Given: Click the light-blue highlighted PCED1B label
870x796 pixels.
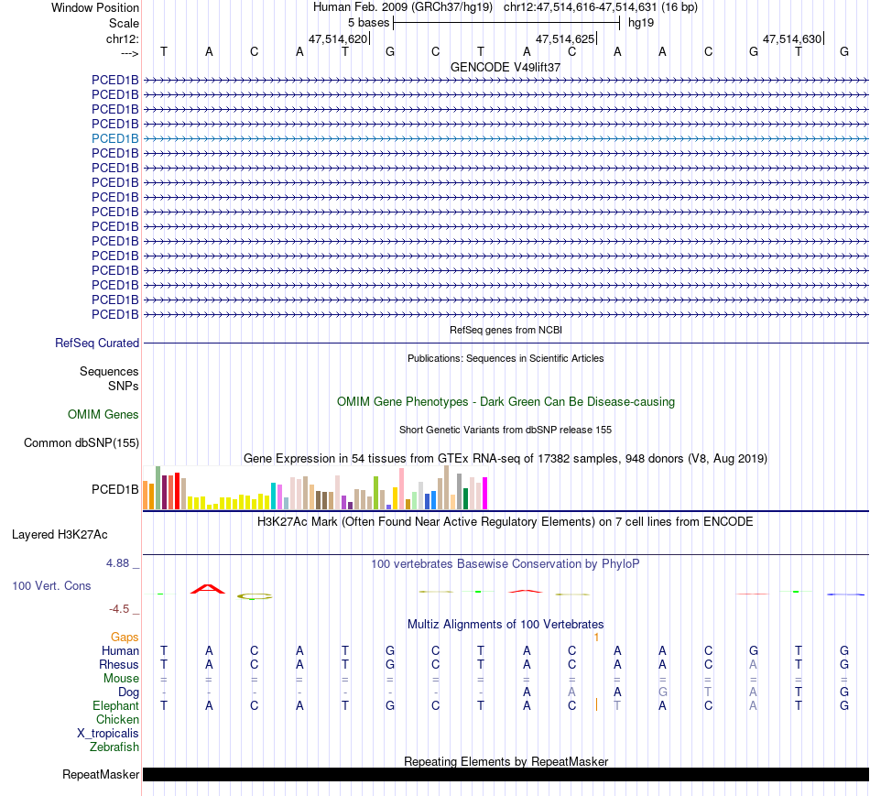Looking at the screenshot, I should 115,138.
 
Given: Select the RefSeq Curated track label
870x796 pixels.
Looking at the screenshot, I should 97,343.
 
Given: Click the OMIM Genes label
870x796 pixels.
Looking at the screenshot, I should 103,414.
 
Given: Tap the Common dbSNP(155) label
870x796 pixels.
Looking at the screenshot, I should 82,443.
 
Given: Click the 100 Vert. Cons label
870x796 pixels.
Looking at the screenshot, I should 51,585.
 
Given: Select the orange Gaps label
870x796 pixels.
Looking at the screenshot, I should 125,637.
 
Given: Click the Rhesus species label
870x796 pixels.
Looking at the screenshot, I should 119,664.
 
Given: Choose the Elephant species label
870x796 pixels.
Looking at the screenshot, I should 115,705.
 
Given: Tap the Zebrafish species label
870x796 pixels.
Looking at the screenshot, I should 114,747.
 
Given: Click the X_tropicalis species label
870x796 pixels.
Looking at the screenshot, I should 108,733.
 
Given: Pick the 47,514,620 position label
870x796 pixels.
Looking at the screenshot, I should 338,38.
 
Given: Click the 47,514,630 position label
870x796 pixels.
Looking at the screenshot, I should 791,38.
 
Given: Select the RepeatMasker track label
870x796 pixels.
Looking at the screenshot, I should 101,775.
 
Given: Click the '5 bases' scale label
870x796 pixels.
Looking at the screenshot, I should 368,22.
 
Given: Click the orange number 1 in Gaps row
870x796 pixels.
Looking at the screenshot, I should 596,637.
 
